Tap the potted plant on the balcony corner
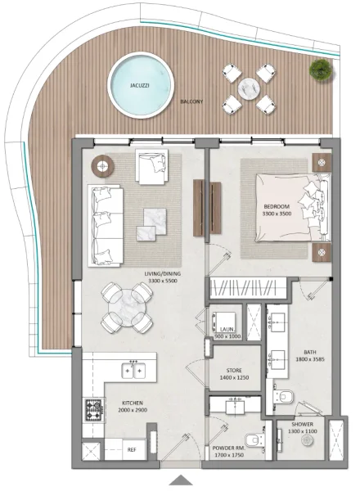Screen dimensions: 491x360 pos(317,71)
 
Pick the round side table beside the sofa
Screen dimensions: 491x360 pos(103,166)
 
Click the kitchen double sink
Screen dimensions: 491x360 pos(133,372)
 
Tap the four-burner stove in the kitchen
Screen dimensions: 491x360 pos(94,408)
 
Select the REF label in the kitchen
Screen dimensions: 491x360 pos(130,450)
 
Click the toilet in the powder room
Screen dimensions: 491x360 pos(256,442)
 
